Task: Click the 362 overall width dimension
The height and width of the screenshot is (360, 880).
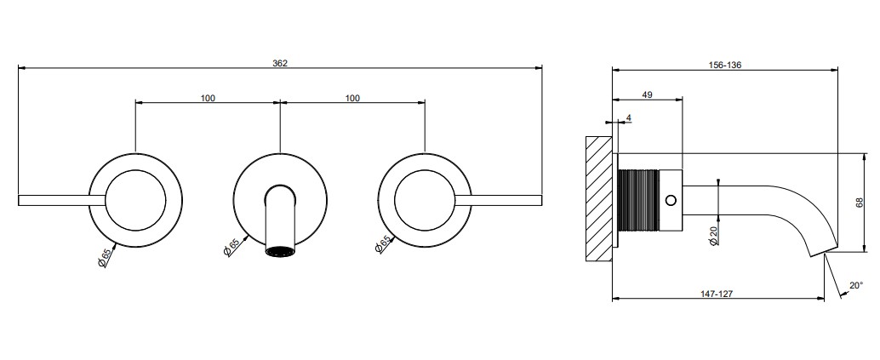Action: pyautogui.click(x=280, y=63)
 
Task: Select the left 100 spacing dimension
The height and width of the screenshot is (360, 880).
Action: pyautogui.click(x=208, y=98)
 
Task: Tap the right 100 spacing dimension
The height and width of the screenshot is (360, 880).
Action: pyautogui.click(x=352, y=98)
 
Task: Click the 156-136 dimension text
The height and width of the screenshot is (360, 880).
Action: pyautogui.click(x=725, y=65)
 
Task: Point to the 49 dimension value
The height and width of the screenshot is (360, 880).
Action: pyautogui.click(x=647, y=95)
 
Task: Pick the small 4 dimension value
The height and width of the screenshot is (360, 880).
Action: pyautogui.click(x=629, y=118)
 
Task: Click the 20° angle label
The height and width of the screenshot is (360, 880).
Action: pyautogui.click(x=856, y=285)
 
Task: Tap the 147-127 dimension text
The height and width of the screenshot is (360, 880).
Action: pyautogui.click(x=717, y=294)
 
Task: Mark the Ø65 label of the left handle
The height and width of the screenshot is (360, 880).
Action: pyautogui.click(x=105, y=258)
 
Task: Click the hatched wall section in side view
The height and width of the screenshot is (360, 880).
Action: pyautogui.click(x=599, y=198)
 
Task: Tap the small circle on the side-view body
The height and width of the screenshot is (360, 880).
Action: pyautogui.click(x=670, y=199)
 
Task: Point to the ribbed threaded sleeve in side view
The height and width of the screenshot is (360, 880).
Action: pyautogui.click(x=638, y=199)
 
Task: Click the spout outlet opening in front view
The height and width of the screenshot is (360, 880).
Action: pyautogui.click(x=280, y=251)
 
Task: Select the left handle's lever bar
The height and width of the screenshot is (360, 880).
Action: pyautogui.click(x=62, y=200)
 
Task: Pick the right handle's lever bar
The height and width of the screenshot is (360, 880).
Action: pyautogui.click(x=499, y=200)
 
